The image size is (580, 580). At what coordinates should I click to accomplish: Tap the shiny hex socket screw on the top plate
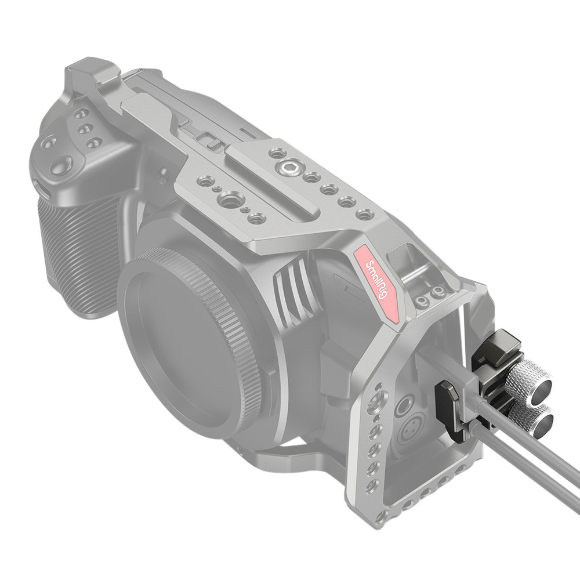288,169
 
